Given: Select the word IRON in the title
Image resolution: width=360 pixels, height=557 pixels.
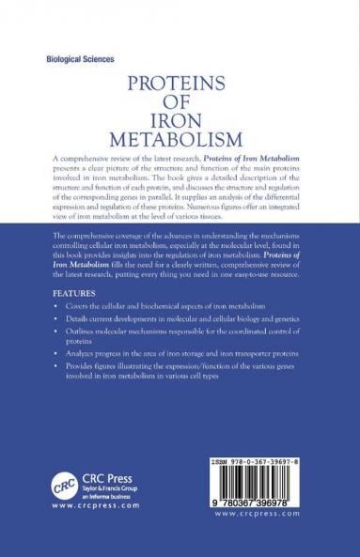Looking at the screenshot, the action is [x=179, y=118].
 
